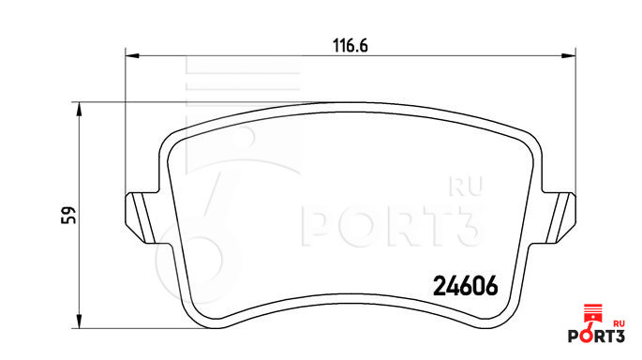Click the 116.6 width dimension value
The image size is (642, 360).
[351, 45]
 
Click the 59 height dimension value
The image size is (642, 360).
[68, 215]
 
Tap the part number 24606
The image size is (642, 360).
[466, 285]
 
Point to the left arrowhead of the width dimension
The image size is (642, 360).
[132, 55]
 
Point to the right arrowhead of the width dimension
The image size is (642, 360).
[568, 55]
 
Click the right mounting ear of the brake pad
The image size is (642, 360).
[560, 217]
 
